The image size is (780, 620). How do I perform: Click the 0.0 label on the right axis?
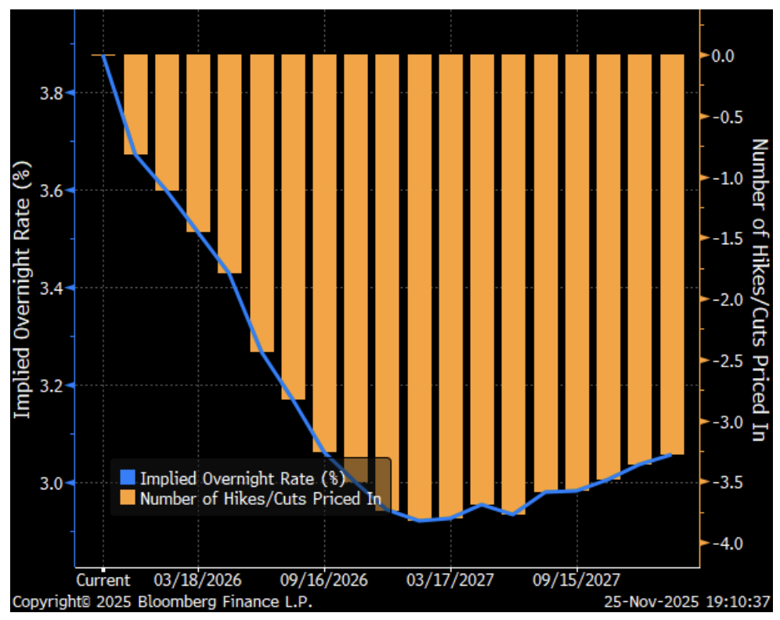[x=725, y=56]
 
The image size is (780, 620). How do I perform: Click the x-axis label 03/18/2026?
[x=197, y=581]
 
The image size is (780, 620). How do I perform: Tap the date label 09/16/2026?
[x=324, y=581]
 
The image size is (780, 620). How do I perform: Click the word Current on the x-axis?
[x=103, y=581]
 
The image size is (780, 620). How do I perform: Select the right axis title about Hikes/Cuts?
[x=758, y=290]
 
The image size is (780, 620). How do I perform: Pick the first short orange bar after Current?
[x=135, y=104]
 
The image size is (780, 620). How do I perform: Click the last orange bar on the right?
[x=672, y=254]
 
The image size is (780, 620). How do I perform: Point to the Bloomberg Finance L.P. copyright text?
[x=161, y=603]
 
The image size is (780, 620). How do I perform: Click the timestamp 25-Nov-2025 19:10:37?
[x=688, y=603]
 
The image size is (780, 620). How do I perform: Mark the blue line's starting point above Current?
[x=103, y=56]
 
